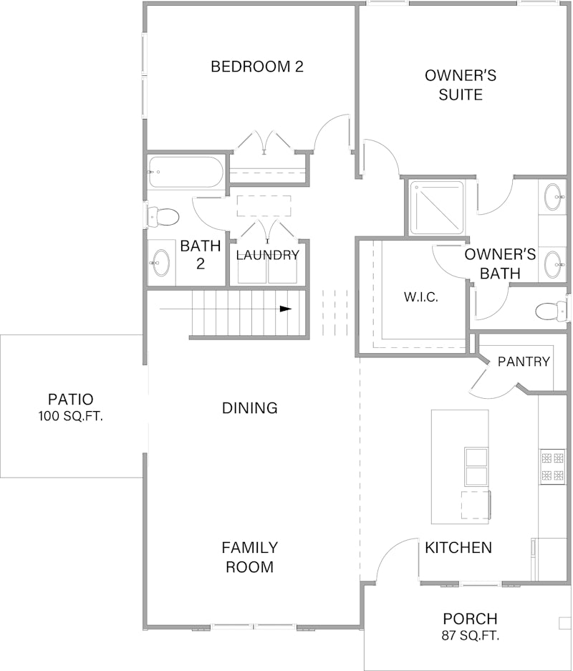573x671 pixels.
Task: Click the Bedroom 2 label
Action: pyautogui.click(x=257, y=67)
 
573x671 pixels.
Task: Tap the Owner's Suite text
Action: pyautogui.click(x=461, y=85)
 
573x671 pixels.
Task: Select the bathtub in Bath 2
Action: pyautogui.click(x=186, y=172)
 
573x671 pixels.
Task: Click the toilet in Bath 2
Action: pyautogui.click(x=163, y=217)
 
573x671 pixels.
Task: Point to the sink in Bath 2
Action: pyautogui.click(x=160, y=263)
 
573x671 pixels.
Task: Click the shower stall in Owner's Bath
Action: pyautogui.click(x=437, y=208)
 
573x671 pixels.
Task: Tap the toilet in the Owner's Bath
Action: pyautogui.click(x=552, y=311)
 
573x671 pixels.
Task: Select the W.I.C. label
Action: pyautogui.click(x=421, y=297)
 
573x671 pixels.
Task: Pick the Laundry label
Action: pyautogui.click(x=267, y=256)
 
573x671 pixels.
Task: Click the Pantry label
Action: pyautogui.click(x=524, y=362)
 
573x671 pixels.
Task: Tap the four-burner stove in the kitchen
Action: pyautogui.click(x=553, y=466)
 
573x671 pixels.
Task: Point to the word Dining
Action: pyautogui.click(x=249, y=407)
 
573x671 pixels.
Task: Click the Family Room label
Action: pyautogui.click(x=249, y=557)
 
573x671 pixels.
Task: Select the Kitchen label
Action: pyautogui.click(x=458, y=547)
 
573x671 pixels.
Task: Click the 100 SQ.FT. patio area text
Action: pyautogui.click(x=71, y=416)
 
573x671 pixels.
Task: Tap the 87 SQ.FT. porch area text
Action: pyautogui.click(x=471, y=636)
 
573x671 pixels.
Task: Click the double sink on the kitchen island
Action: pyautogui.click(x=476, y=467)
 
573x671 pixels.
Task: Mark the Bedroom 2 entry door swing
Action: pyautogui.click(x=332, y=132)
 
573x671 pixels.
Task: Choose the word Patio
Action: pyautogui.click(x=71, y=400)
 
